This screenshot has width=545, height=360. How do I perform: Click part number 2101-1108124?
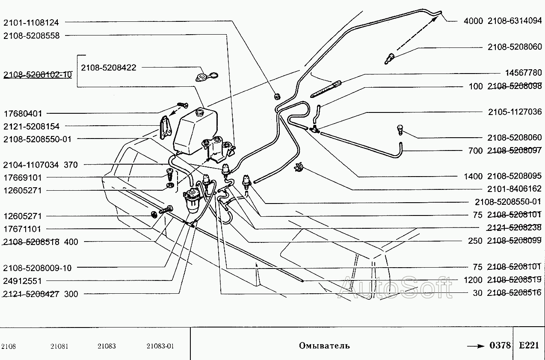tap(31, 23)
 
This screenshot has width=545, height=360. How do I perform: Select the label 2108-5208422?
tap(109, 68)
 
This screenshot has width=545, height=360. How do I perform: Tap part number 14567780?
tap(523, 73)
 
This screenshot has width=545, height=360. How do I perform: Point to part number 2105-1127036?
tap(515, 112)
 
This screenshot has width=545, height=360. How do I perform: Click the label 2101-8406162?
tap(514, 189)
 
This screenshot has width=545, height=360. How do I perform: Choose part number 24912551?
tap(22, 281)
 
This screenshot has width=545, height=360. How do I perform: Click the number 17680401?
tap(23, 114)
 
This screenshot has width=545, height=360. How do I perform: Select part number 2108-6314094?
tap(515, 21)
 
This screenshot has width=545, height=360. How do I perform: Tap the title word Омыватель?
tap(324, 345)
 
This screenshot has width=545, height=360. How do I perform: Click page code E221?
tap(529, 345)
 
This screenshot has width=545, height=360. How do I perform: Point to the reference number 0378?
tap(500, 345)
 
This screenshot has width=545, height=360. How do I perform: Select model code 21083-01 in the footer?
tap(160, 346)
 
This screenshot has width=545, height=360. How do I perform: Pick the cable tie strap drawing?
tap(326, 89)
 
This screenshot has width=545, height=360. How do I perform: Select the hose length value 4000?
tap(473, 21)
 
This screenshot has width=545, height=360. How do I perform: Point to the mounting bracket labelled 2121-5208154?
tap(166, 127)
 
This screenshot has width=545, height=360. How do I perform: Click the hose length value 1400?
tap(473, 176)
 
